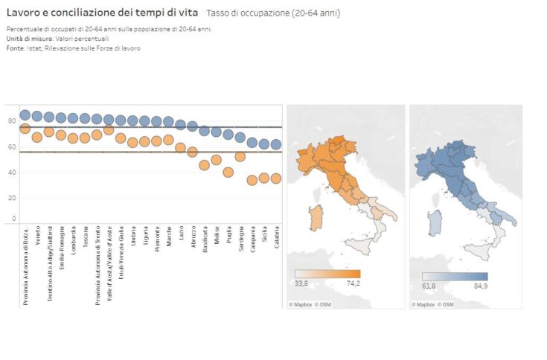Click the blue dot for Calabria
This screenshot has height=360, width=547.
tap(276, 144)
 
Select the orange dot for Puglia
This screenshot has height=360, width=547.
tap(228, 173)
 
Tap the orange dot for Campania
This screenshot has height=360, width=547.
tap(252, 180)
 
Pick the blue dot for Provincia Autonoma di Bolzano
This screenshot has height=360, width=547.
tap(25, 115)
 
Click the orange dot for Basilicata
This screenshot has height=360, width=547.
tap(205, 165)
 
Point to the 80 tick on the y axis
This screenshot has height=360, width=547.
tap(12, 120)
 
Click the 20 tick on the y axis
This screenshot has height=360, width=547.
tap(12, 198)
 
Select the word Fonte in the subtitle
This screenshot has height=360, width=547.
tap(14, 48)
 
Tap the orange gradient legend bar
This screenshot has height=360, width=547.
tap(327, 274)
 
